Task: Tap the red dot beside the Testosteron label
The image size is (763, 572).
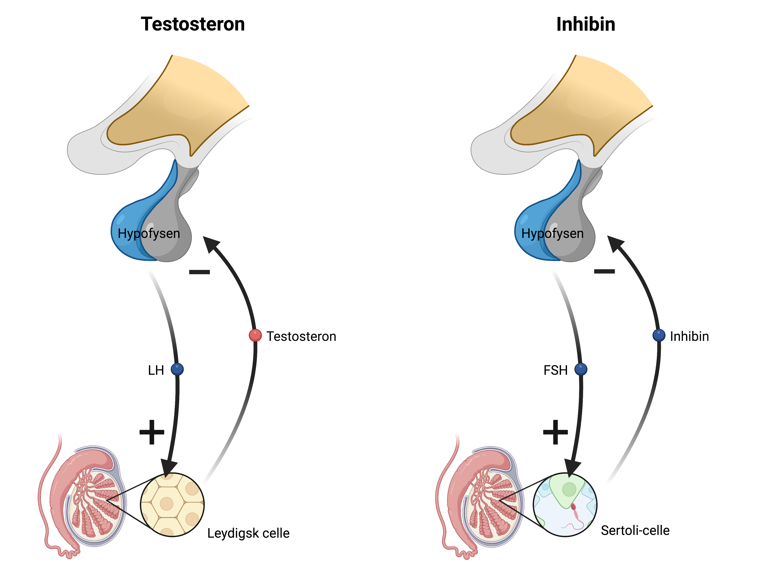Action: [255, 335]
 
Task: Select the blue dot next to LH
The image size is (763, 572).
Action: [177, 369]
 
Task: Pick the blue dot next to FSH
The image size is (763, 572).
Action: [581, 369]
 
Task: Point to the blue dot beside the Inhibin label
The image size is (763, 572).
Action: [659, 335]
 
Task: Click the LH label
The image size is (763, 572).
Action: [156, 370]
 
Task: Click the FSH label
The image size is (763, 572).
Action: [555, 370]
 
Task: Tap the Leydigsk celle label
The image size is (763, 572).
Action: [248, 533]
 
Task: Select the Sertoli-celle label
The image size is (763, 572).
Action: [635, 530]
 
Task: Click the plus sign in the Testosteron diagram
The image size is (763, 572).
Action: [152, 432]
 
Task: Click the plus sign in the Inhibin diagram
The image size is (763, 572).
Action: [555, 432]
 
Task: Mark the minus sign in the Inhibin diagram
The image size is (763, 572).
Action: [604, 272]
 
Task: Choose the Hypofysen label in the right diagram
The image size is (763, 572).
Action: [552, 233]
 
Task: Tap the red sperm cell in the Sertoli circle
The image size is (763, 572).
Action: [573, 507]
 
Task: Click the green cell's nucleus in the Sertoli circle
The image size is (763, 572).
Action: [569, 489]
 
